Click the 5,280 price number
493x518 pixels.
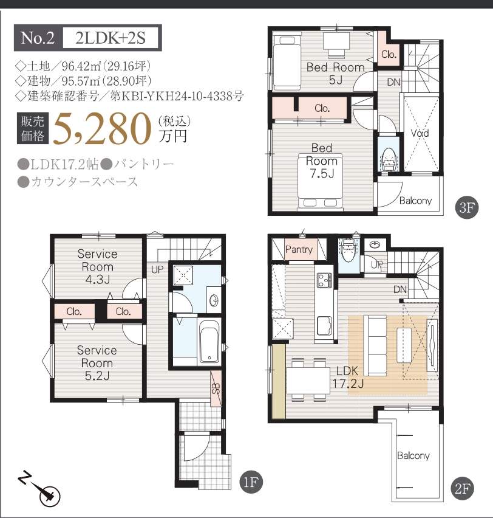[101, 129]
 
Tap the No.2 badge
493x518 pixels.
[38, 38]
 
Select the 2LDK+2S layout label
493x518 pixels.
[110, 38]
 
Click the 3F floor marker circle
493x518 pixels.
[467, 208]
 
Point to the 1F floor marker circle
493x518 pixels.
[251, 483]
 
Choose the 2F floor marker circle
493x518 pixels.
[462, 489]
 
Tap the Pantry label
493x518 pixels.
[299, 249]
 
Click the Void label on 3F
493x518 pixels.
[420, 133]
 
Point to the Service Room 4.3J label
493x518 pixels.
[97, 266]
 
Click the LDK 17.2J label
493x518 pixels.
[348, 377]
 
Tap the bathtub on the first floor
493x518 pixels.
[209, 342]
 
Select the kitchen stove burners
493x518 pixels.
[325, 280]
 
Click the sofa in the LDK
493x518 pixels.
[375, 345]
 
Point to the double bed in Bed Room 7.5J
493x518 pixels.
[321, 181]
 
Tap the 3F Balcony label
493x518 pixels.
[415, 201]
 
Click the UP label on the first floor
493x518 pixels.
[157, 269]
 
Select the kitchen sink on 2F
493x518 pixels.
[324, 325]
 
